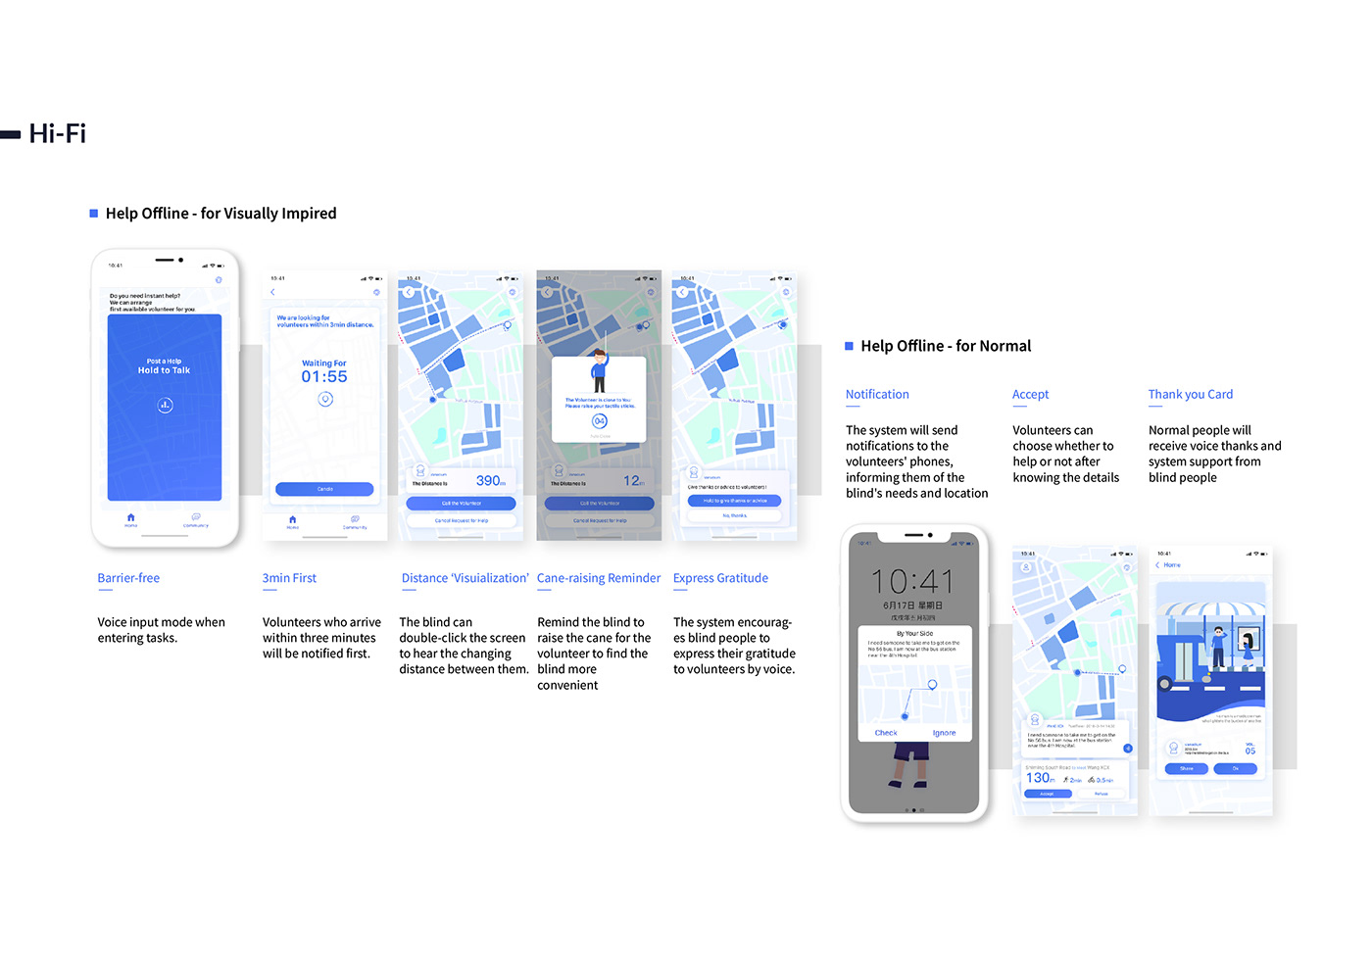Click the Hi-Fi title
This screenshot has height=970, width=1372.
click(58, 133)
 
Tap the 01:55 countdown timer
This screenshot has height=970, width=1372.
click(324, 377)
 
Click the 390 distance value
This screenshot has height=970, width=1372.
click(489, 481)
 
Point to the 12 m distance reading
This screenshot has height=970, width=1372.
click(632, 481)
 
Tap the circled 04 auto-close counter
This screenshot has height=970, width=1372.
click(599, 421)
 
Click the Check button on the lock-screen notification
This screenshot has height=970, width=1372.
click(886, 733)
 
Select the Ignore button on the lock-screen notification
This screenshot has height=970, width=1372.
click(944, 733)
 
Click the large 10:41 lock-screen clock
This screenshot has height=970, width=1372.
click(911, 581)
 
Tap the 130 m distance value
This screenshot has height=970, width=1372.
click(1039, 778)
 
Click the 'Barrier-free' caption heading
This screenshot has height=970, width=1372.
click(128, 578)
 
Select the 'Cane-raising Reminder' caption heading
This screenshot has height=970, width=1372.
click(599, 578)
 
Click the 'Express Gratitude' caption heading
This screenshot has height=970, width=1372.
click(720, 578)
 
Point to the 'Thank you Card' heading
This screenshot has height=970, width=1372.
click(1191, 394)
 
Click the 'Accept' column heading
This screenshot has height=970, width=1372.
click(1030, 394)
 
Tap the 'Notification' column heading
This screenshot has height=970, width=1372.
click(877, 394)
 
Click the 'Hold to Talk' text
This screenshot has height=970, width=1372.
click(165, 370)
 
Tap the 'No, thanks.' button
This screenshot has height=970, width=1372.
click(734, 515)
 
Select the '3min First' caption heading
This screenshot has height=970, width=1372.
click(289, 578)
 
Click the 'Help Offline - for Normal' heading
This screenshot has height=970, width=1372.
click(946, 346)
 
